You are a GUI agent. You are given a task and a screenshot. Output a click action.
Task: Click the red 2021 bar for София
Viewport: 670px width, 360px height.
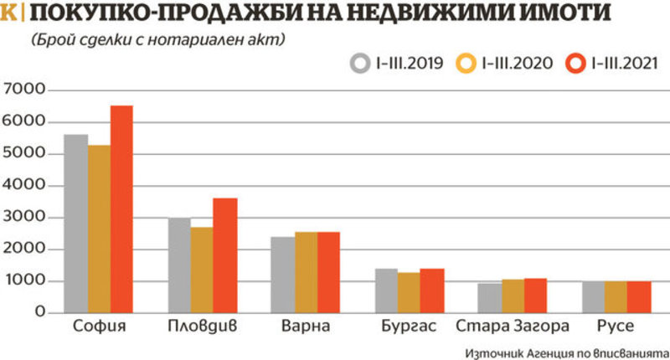pos(121,209)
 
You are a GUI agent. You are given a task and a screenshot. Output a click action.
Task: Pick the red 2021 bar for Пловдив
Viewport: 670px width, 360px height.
pos(224,255)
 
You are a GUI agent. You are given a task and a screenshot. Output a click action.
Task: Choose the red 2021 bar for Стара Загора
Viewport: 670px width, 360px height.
pos(534,296)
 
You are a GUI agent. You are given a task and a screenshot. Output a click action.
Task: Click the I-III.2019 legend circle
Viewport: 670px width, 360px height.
pos(361,63)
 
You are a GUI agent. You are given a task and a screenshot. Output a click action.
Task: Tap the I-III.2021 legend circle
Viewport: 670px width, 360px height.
pos(575,63)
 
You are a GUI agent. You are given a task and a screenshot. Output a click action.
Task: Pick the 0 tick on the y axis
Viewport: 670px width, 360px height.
pos(40,312)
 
